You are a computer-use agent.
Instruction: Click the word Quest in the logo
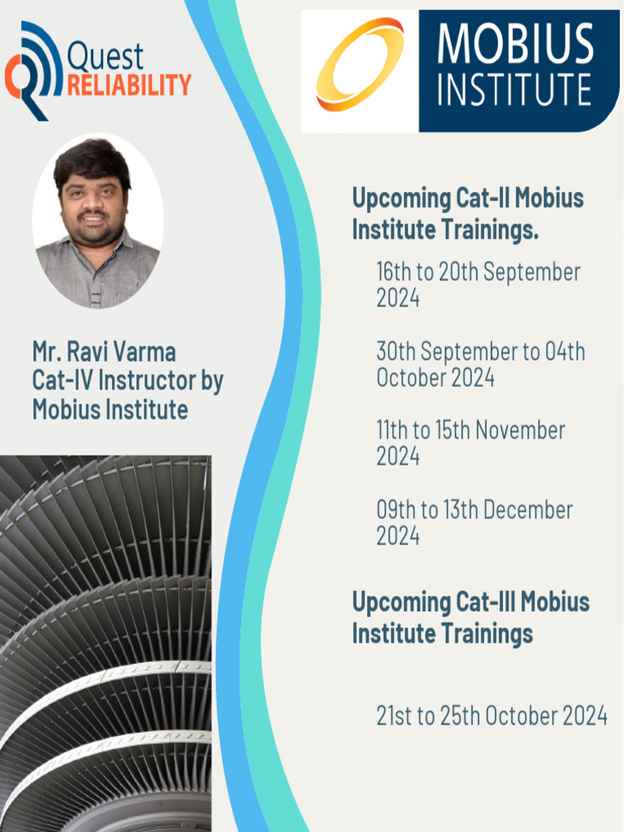point(105,57)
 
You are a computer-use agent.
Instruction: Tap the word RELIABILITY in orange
point(128,84)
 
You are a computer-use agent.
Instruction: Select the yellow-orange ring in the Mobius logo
point(360,64)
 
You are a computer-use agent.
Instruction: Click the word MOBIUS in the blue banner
point(515,45)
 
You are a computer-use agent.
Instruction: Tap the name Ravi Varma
point(121,352)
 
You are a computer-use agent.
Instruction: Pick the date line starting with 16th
point(478,272)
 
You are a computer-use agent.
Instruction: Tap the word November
point(520,431)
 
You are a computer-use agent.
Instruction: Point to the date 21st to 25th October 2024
point(492,716)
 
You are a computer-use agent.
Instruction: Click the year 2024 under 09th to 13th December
point(398,536)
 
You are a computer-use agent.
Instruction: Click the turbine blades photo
point(106,642)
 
